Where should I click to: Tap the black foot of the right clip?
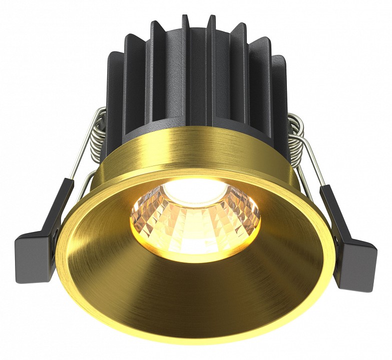(358, 262)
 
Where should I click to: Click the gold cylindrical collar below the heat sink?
(200, 150)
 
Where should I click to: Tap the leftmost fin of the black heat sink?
(114, 100)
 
